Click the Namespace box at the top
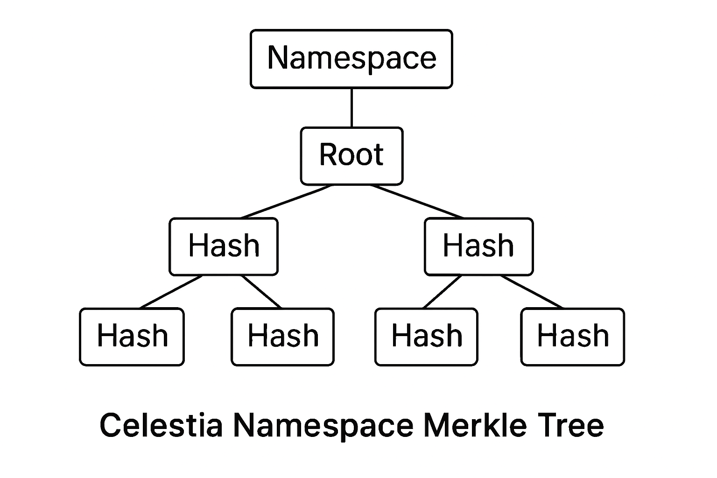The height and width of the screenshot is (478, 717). (351, 59)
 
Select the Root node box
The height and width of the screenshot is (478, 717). (351, 155)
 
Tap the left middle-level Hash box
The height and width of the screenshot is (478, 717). (224, 246)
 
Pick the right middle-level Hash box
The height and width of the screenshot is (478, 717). (478, 246)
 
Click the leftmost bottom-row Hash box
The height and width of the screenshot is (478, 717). (132, 336)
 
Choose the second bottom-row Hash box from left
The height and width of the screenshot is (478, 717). (283, 336)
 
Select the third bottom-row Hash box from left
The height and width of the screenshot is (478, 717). (426, 336)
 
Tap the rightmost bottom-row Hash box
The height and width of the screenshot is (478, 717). (573, 336)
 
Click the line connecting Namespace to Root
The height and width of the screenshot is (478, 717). (351, 107)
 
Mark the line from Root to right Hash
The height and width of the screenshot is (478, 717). (417, 202)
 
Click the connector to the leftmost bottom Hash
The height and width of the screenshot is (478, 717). (171, 292)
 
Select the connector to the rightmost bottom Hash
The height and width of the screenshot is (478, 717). (532, 292)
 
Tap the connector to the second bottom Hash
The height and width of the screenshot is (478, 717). (261, 292)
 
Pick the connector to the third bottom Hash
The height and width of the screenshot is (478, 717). (443, 292)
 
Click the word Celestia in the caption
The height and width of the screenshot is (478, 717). (161, 425)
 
